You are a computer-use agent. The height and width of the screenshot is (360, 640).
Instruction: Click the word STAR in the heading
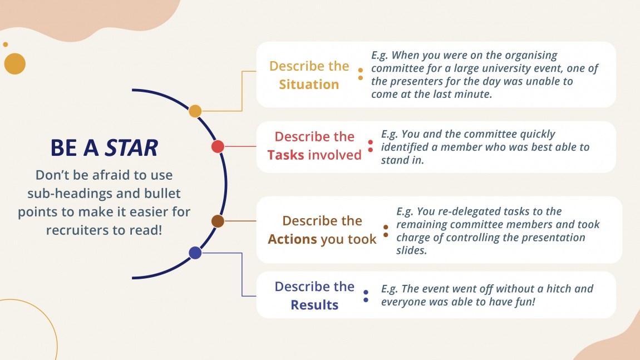click(131, 148)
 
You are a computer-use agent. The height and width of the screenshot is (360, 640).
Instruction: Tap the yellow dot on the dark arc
click(195, 111)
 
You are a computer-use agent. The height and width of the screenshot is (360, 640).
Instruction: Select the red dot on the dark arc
click(218, 146)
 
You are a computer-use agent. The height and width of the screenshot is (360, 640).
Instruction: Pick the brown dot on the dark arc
click(218, 221)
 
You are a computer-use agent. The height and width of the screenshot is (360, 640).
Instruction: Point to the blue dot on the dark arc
click(195, 253)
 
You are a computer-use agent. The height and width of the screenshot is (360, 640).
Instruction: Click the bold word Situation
click(309, 85)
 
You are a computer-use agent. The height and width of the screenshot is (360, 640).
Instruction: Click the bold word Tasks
click(285, 155)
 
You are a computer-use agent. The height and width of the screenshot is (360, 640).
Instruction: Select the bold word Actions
click(293, 239)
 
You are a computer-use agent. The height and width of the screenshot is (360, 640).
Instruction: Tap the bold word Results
click(314, 305)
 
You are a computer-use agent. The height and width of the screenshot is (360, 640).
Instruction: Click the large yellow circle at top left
click(15, 63)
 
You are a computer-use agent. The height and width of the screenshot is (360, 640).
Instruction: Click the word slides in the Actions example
click(411, 250)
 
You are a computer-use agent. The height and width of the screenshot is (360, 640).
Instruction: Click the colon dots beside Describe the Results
click(366, 296)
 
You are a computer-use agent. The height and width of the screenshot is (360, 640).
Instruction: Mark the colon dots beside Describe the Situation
click(361, 74)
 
